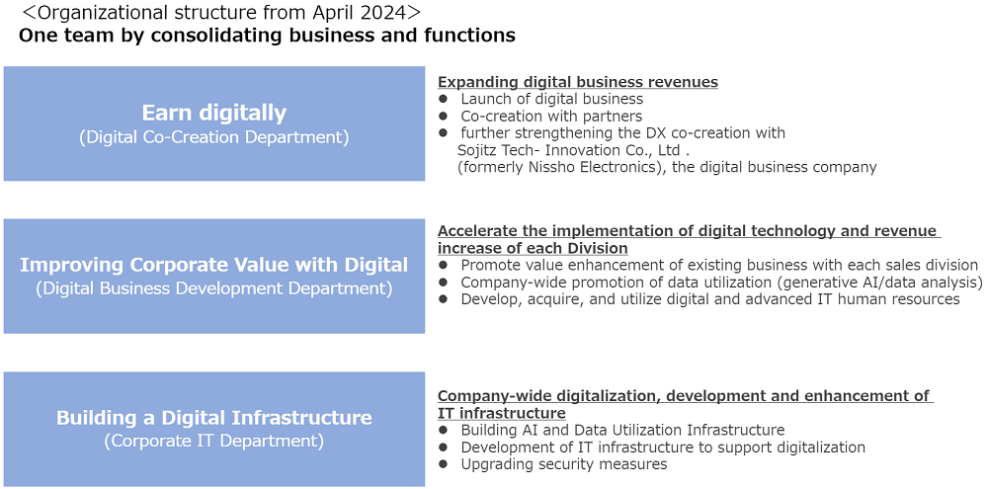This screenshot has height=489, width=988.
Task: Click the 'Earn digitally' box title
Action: (214, 113)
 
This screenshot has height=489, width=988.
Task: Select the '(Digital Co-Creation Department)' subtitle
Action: (214, 137)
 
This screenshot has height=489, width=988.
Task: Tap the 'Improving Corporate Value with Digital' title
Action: (214, 265)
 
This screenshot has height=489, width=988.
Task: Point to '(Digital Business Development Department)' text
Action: (214, 289)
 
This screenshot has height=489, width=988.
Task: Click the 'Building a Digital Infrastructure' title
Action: (214, 417)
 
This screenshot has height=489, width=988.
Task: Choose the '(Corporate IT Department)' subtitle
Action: (214, 442)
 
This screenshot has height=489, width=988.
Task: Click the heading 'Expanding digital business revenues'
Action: (578, 83)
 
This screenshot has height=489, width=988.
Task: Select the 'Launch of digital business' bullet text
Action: (552, 99)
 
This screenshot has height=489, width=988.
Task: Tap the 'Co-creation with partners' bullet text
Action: (551, 116)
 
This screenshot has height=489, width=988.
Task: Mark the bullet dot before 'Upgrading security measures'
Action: (443, 464)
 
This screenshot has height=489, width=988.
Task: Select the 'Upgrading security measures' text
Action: (564, 464)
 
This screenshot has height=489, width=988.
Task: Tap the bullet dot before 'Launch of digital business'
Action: (443, 99)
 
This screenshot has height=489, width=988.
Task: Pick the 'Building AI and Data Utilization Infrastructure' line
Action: (622, 431)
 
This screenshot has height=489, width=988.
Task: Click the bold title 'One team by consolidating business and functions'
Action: (267, 36)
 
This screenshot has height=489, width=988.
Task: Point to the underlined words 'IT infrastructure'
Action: (502, 413)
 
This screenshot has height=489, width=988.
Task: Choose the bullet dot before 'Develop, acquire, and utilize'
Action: (443, 299)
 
